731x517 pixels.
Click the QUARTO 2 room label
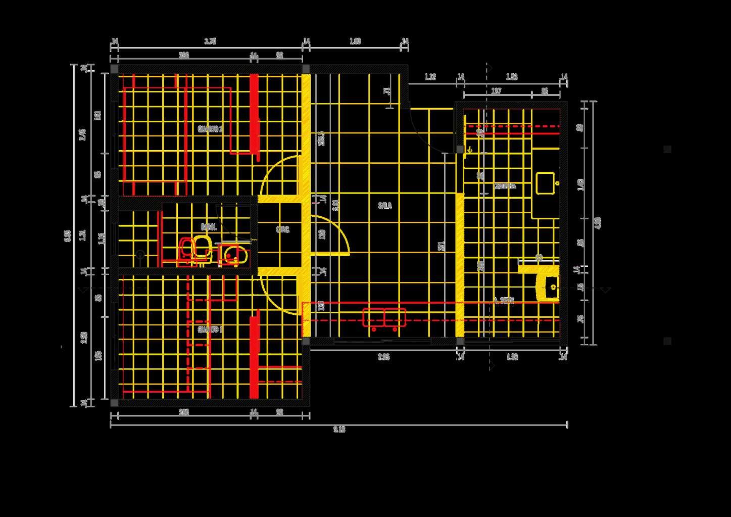click(210, 129)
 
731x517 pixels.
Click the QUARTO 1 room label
click(210, 330)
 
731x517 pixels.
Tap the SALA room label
click(385, 206)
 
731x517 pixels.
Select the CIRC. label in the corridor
click(283, 229)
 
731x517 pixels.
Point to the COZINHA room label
click(505, 186)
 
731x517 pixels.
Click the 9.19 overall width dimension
click(339, 430)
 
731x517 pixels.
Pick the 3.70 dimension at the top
click(210, 41)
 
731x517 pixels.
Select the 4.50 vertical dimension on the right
click(599, 223)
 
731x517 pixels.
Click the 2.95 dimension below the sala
click(384, 357)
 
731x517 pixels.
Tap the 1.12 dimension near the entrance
click(430, 77)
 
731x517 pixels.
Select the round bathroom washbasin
click(233, 255)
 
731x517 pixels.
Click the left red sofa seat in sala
click(373, 317)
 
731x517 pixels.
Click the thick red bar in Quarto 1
click(254, 356)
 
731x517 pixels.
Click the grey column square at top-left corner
click(114, 69)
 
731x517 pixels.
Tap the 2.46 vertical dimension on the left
click(83, 134)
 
